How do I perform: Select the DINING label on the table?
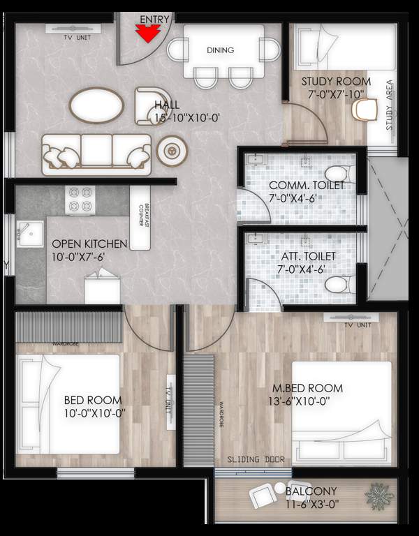click(x=220, y=50)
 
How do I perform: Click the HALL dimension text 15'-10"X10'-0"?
click(x=188, y=118)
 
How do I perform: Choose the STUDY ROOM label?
click(x=336, y=82)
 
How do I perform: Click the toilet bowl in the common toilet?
click(x=339, y=172)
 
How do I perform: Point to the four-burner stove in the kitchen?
click(x=80, y=200)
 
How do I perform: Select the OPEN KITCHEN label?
click(x=89, y=244)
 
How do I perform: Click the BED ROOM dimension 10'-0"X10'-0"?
click(x=93, y=412)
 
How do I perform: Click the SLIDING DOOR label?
click(x=252, y=460)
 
